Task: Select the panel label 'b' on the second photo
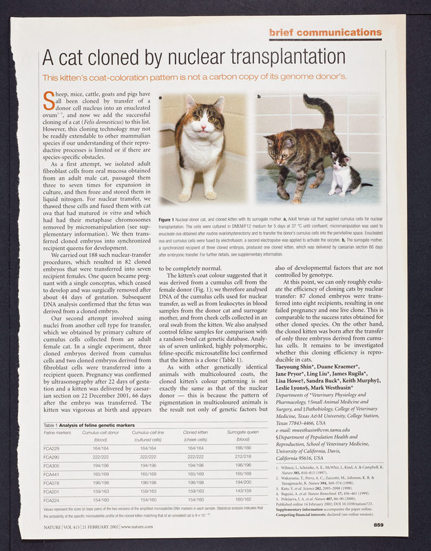point(259,96)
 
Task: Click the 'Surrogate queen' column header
point(242,432)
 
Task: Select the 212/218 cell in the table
point(242,457)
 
